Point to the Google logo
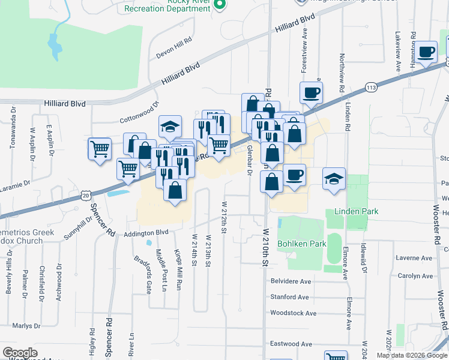[x=20, y=352]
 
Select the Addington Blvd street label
[x=147, y=232]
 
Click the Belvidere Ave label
[x=291, y=281]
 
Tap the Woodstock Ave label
[x=293, y=313]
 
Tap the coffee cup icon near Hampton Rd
[x=426, y=52]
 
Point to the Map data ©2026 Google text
[x=412, y=355]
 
